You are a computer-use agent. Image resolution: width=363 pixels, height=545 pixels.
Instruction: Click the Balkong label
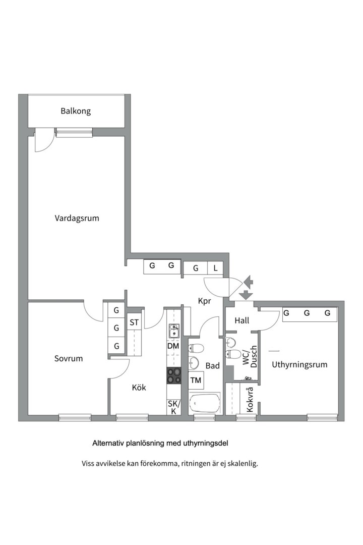pyautogui.click(x=76, y=111)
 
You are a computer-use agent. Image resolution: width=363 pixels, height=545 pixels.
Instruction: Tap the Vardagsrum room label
pyautogui.click(x=77, y=219)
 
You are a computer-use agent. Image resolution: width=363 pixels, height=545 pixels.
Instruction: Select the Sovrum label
pyautogui.click(x=69, y=358)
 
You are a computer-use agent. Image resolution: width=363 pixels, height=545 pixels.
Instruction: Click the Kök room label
pyautogui.click(x=139, y=387)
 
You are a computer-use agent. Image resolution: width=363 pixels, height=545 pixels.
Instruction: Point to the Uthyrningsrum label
pyautogui.click(x=299, y=365)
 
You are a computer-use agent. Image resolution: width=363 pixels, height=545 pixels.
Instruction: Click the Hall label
pyautogui.click(x=242, y=320)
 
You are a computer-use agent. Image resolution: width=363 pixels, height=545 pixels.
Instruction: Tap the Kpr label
pyautogui.click(x=205, y=301)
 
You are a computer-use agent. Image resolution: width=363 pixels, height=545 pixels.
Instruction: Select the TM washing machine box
pyautogui.click(x=196, y=380)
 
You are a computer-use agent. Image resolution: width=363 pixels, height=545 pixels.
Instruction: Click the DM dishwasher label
pyautogui.click(x=173, y=346)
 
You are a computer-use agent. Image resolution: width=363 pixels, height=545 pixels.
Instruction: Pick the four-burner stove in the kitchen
pyautogui.click(x=174, y=376)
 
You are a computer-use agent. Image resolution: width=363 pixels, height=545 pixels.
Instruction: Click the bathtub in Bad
pyautogui.click(x=205, y=403)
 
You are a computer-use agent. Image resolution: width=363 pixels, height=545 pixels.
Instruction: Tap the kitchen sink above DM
pyautogui.click(x=173, y=331)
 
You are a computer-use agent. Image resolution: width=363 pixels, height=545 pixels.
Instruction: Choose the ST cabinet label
pyautogui.click(x=134, y=322)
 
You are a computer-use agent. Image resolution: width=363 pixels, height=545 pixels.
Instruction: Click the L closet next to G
pyautogui.click(x=215, y=268)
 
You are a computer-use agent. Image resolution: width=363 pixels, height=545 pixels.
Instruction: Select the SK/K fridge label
pyautogui.click(x=174, y=407)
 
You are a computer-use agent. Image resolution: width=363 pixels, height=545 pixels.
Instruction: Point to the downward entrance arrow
pyautogui.click(x=246, y=294)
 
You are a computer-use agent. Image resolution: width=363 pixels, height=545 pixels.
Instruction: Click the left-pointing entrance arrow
pyautogui.click(x=249, y=281)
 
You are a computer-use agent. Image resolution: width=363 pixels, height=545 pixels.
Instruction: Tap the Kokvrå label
pyautogui.click(x=250, y=399)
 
